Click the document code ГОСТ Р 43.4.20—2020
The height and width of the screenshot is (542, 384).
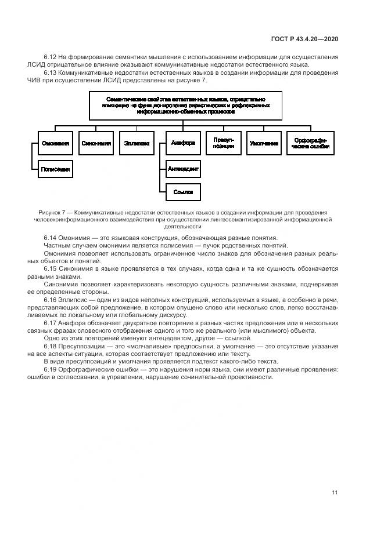coord(304,39)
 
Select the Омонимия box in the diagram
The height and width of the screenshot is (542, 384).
coord(56,143)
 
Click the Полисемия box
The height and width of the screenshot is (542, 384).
coord(56,169)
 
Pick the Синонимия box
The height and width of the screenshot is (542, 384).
coord(96,143)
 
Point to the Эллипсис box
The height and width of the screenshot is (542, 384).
coord(137,143)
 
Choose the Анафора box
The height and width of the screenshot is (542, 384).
coord(184,143)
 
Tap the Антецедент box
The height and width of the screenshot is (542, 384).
coord(184,169)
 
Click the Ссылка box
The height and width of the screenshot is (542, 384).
coord(184,191)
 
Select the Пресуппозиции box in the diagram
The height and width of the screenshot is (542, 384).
coord(224,143)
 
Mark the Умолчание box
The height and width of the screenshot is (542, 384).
coord(264,143)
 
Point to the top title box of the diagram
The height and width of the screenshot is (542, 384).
coord(186,105)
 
